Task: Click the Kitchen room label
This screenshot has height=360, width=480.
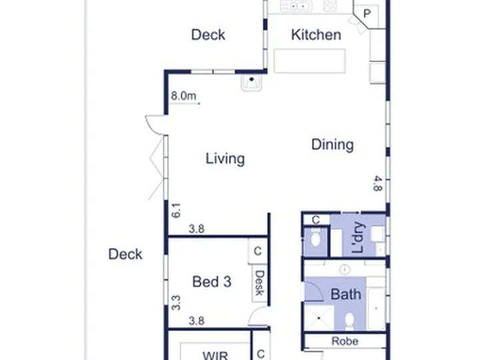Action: point(316,35)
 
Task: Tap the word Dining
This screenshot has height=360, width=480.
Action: point(333,145)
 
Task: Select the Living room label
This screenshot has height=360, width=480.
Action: point(225,159)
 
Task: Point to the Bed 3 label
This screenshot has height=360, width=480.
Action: point(211,281)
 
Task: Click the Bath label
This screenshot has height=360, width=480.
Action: point(346,294)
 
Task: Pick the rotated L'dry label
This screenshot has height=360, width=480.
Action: point(359,237)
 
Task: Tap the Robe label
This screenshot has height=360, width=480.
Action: point(345,341)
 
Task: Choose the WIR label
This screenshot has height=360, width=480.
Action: point(215,356)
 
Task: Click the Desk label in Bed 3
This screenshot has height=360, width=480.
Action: point(259,283)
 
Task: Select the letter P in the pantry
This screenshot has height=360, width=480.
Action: point(367,14)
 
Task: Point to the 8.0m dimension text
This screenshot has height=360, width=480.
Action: point(183,96)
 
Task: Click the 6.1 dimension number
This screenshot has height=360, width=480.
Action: point(176,211)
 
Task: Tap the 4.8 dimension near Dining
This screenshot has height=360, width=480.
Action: point(378,183)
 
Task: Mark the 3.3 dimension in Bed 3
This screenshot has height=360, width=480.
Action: point(176,303)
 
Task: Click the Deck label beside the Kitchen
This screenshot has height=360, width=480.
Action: point(208,35)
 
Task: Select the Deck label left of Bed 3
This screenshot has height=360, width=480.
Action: point(125,254)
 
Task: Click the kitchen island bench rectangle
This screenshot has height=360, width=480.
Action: point(310,61)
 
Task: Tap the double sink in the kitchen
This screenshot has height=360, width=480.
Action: point(296,6)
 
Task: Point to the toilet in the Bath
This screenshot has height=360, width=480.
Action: point(349,321)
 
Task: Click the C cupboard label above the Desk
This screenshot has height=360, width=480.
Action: point(257,251)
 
